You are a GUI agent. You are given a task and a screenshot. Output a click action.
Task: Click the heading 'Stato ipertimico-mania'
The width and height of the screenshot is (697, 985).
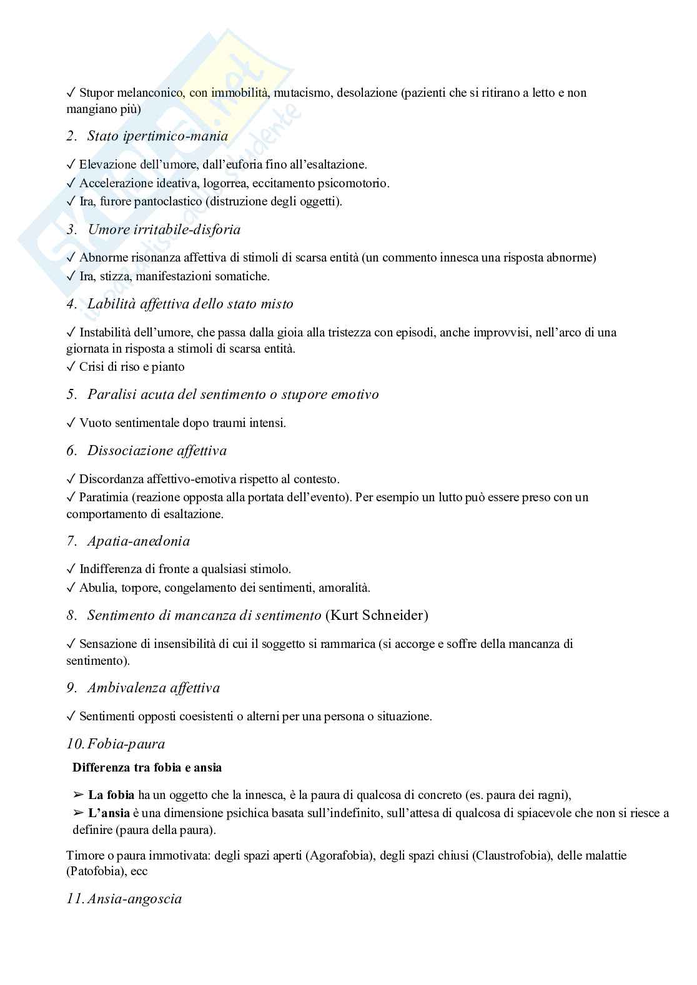(157, 136)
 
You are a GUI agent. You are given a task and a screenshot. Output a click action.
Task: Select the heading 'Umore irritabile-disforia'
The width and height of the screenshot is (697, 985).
(164, 230)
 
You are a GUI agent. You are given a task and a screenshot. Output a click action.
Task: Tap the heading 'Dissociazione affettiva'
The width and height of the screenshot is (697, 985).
(157, 451)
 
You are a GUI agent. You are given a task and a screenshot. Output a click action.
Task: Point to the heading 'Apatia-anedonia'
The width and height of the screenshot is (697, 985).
(139, 541)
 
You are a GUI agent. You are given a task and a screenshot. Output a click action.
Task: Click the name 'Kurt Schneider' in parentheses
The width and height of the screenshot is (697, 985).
(377, 615)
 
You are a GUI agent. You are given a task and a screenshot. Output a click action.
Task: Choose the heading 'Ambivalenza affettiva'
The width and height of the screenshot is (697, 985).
(154, 688)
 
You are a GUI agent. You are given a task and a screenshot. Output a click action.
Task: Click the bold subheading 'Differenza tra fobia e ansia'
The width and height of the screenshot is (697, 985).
(147, 767)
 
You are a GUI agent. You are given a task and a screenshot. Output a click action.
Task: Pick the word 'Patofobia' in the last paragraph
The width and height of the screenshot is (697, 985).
(94, 871)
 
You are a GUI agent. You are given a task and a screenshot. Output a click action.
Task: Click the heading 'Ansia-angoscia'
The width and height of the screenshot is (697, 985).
(135, 899)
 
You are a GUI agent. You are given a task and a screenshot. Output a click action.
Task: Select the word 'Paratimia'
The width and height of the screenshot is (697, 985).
(103, 497)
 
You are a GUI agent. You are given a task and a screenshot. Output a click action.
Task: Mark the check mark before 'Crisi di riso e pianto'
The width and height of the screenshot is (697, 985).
(71, 367)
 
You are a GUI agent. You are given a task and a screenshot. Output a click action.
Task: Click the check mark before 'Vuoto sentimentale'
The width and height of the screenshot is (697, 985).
(71, 423)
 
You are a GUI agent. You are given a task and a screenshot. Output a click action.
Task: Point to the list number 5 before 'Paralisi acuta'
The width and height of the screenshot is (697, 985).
(71, 395)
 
